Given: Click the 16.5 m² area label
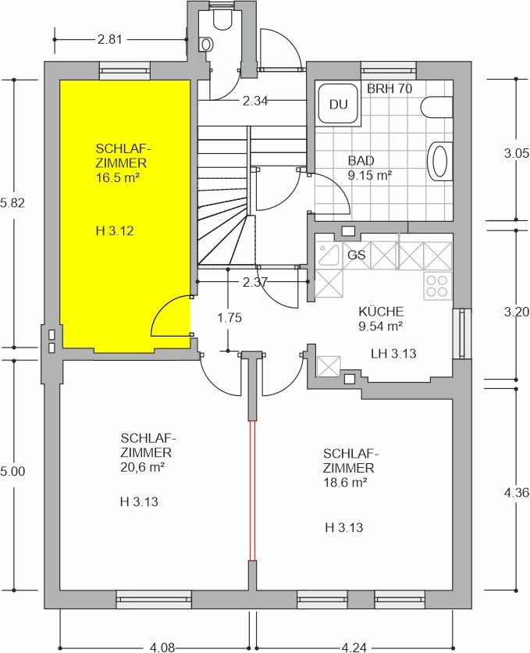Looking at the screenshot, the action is pyautogui.click(x=117, y=178).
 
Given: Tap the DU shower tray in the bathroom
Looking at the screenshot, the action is pyautogui.click(x=338, y=103).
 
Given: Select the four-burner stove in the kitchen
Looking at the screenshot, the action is pyautogui.click(x=437, y=286).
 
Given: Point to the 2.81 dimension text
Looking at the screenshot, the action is pyautogui.click(x=110, y=40).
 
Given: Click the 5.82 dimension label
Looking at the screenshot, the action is pyautogui.click(x=12, y=203).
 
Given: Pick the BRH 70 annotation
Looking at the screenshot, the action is pyautogui.click(x=389, y=88).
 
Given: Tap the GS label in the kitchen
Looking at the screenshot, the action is pyautogui.click(x=357, y=255).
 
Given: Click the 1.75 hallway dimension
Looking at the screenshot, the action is pyautogui.click(x=229, y=318).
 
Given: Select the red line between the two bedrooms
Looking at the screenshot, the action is pyautogui.click(x=252, y=491).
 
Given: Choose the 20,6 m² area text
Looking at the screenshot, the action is pyautogui.click(x=143, y=467).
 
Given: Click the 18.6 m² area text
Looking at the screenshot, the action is pyautogui.click(x=345, y=482).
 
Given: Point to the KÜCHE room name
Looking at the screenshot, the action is pyautogui.click(x=381, y=312).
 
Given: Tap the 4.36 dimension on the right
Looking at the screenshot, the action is pyautogui.click(x=517, y=493).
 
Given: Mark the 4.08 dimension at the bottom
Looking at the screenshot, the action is pyautogui.click(x=162, y=648).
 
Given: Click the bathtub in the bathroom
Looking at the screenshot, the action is pyautogui.click(x=440, y=161).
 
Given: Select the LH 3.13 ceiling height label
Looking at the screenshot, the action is pyautogui.click(x=393, y=354).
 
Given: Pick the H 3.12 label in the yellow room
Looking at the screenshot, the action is pyautogui.click(x=115, y=230).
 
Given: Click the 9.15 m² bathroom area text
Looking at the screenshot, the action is pyautogui.click(x=370, y=175).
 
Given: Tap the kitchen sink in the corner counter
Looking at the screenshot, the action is pyautogui.click(x=329, y=255).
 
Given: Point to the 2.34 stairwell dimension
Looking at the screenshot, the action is pyautogui.click(x=255, y=101).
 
